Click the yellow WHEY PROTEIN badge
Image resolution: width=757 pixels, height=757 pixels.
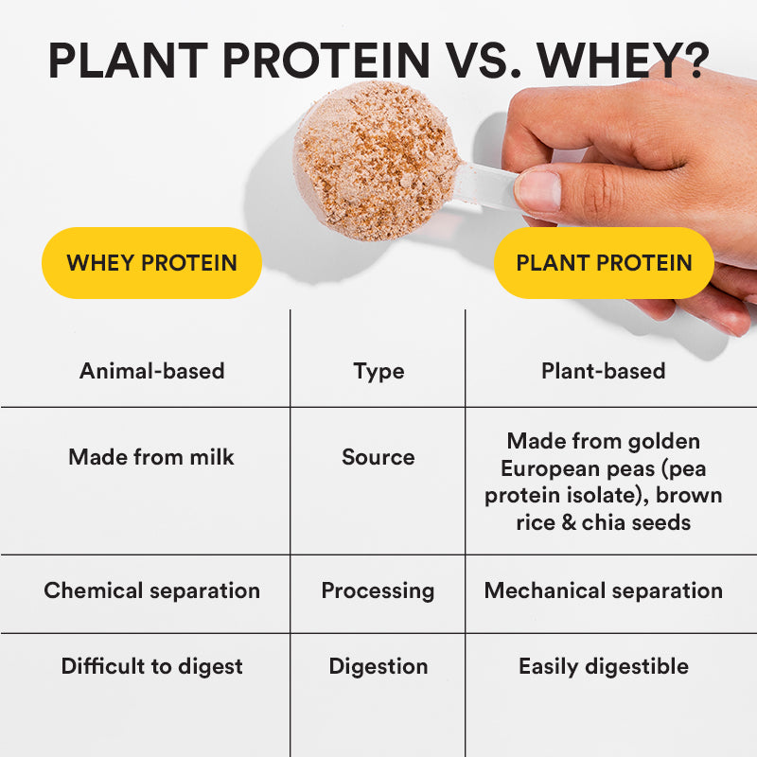[151, 263]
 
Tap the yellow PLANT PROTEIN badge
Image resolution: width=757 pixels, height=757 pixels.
[604, 263]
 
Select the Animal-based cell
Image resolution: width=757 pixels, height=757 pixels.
[151, 371]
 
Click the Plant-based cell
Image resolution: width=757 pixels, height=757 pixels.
[603, 371]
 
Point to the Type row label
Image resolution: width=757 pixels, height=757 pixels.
[378, 372]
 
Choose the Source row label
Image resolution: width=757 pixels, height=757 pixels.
[378, 457]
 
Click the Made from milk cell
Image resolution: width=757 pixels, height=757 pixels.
[151, 457]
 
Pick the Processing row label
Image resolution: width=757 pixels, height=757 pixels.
[378, 591]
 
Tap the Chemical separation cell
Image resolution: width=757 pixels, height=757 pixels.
[151, 590]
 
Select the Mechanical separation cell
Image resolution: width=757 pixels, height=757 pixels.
[603, 590]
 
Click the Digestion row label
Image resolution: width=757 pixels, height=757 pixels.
[378, 666]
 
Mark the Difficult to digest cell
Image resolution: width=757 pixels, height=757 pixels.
[151, 666]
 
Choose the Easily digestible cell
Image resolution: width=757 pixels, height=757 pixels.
[603, 666]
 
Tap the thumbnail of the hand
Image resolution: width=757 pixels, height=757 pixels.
[538, 190]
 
